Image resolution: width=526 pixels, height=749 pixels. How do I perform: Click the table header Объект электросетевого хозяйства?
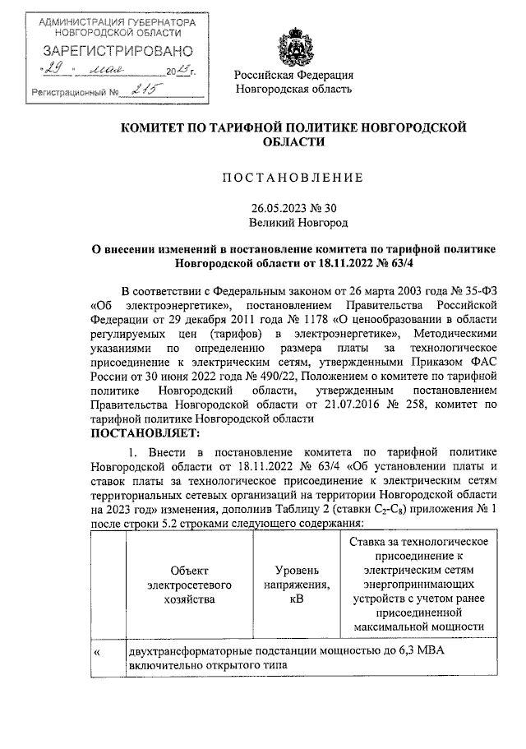coord(190,585)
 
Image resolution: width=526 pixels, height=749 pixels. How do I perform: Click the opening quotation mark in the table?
coord(97,651)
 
